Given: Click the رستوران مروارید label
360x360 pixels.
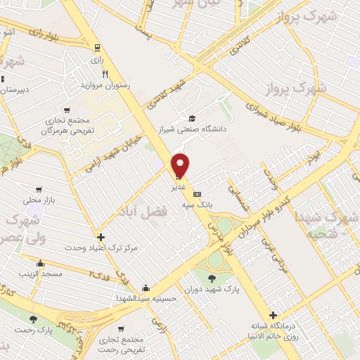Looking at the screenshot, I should click(107, 84).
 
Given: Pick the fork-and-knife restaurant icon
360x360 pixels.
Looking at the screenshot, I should click(104, 72).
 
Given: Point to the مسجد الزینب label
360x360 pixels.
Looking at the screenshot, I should click(43, 272).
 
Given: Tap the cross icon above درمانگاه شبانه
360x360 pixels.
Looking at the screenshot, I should click(273, 315).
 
